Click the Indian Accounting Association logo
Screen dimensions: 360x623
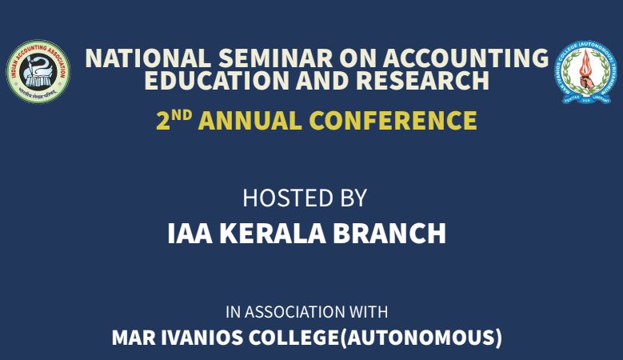point(38,72)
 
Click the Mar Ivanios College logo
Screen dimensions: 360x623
point(586,72)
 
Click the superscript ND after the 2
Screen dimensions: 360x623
point(181,114)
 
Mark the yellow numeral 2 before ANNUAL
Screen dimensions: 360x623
point(164,122)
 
